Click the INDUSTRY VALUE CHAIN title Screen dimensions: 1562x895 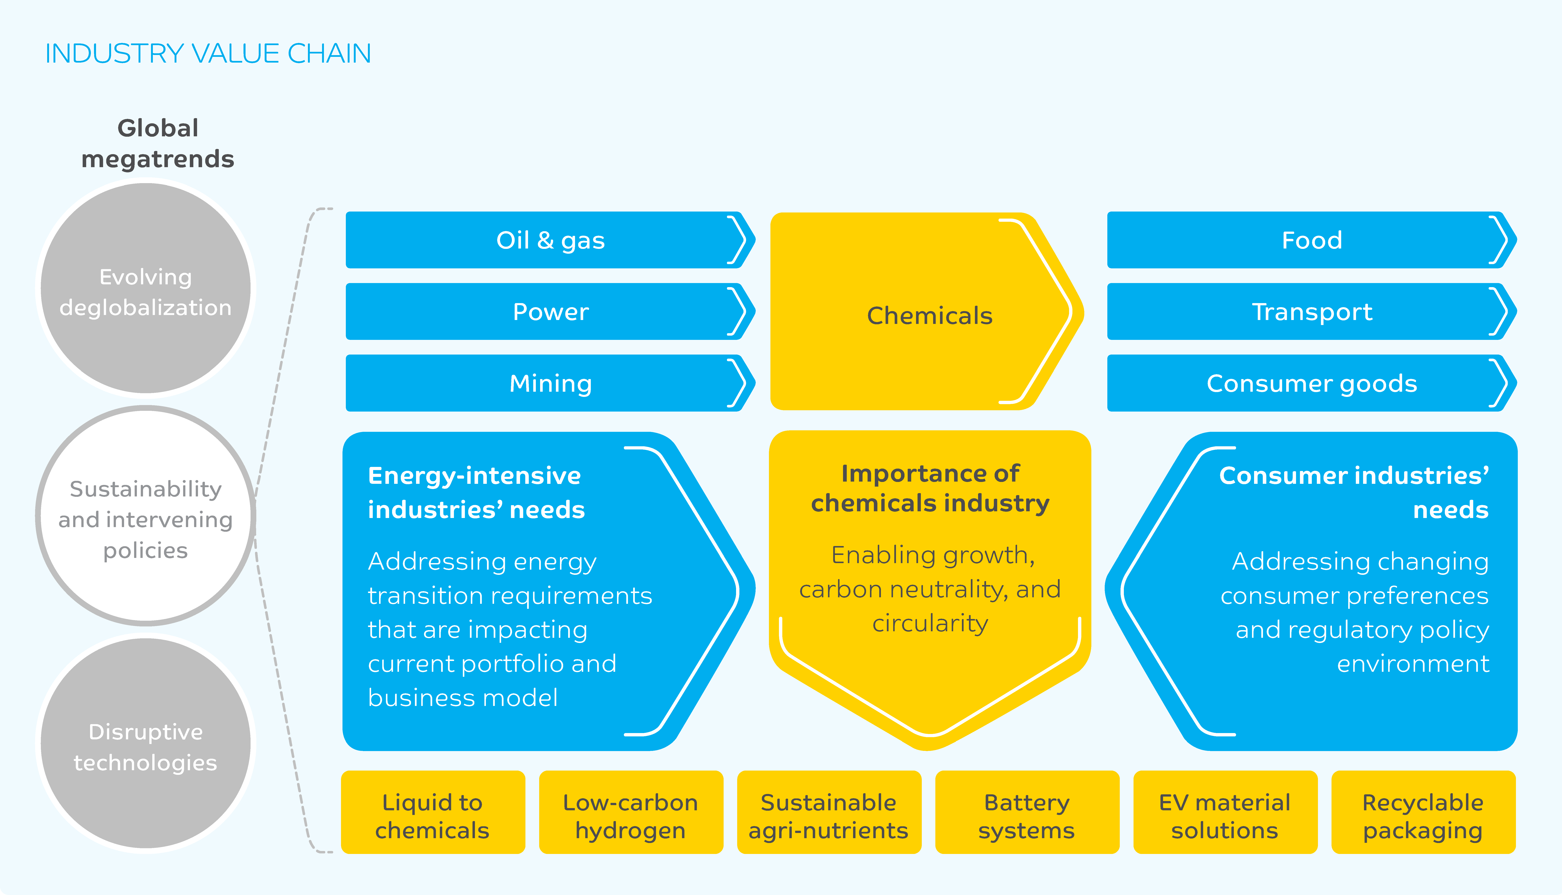[x=208, y=53]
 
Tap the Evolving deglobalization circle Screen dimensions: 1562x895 [x=146, y=288]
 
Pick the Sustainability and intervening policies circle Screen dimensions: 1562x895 [x=146, y=516]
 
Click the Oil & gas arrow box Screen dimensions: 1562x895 [x=550, y=240]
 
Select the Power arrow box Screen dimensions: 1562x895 [x=550, y=312]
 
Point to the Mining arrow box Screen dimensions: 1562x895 [x=550, y=383]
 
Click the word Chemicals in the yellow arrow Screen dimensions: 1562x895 [x=929, y=315]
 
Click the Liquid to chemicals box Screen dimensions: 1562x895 [x=433, y=812]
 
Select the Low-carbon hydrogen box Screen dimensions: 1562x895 [x=631, y=812]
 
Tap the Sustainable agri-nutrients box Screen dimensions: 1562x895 [x=829, y=812]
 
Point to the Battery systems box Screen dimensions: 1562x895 [x=1027, y=812]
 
